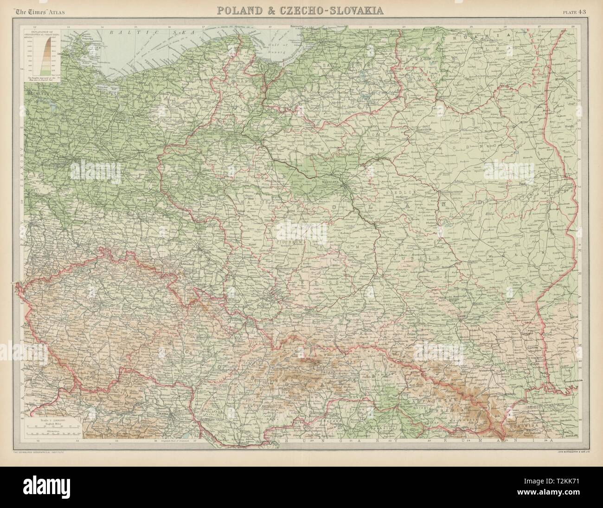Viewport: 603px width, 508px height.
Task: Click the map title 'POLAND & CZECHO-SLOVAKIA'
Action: tap(301, 10)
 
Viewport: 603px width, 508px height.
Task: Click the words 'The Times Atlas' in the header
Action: tap(51, 11)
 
